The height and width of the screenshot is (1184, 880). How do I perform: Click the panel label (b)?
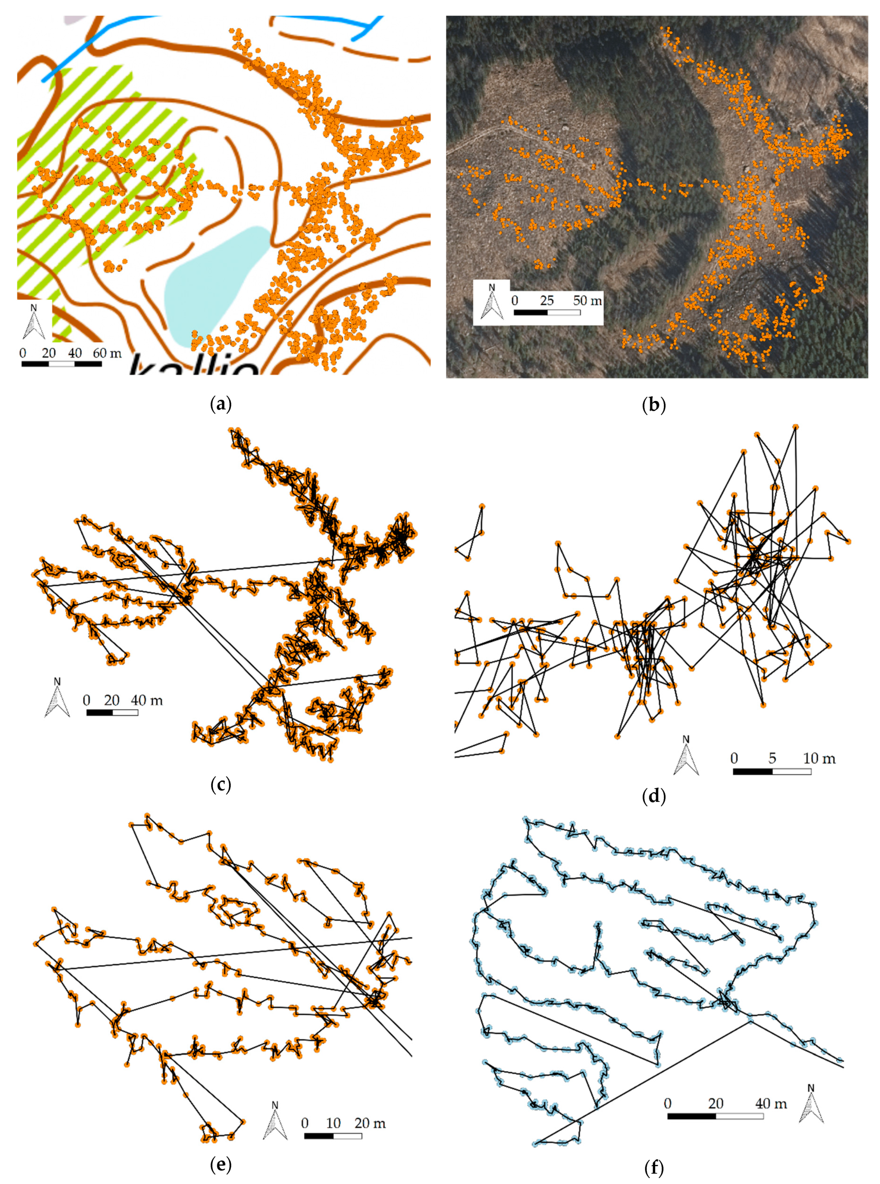(654, 405)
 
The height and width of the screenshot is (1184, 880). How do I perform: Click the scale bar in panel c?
(112, 712)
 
